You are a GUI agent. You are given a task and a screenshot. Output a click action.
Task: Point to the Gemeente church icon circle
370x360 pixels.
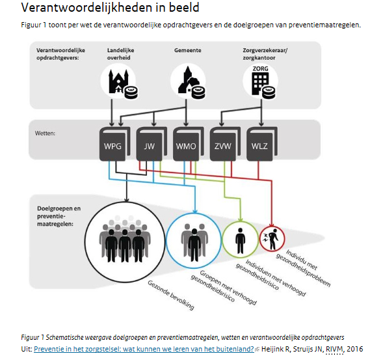click(187, 83)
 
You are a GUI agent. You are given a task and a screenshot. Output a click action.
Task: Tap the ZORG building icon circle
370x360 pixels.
click(259, 83)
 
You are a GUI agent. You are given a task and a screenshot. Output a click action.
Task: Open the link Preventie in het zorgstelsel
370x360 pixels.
click(144, 348)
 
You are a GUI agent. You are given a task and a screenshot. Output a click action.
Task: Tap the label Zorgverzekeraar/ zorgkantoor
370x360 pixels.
click(265, 53)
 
